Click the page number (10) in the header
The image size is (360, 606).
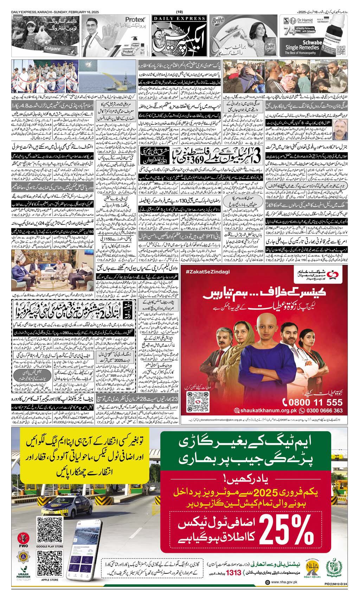(x=180, y=13)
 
